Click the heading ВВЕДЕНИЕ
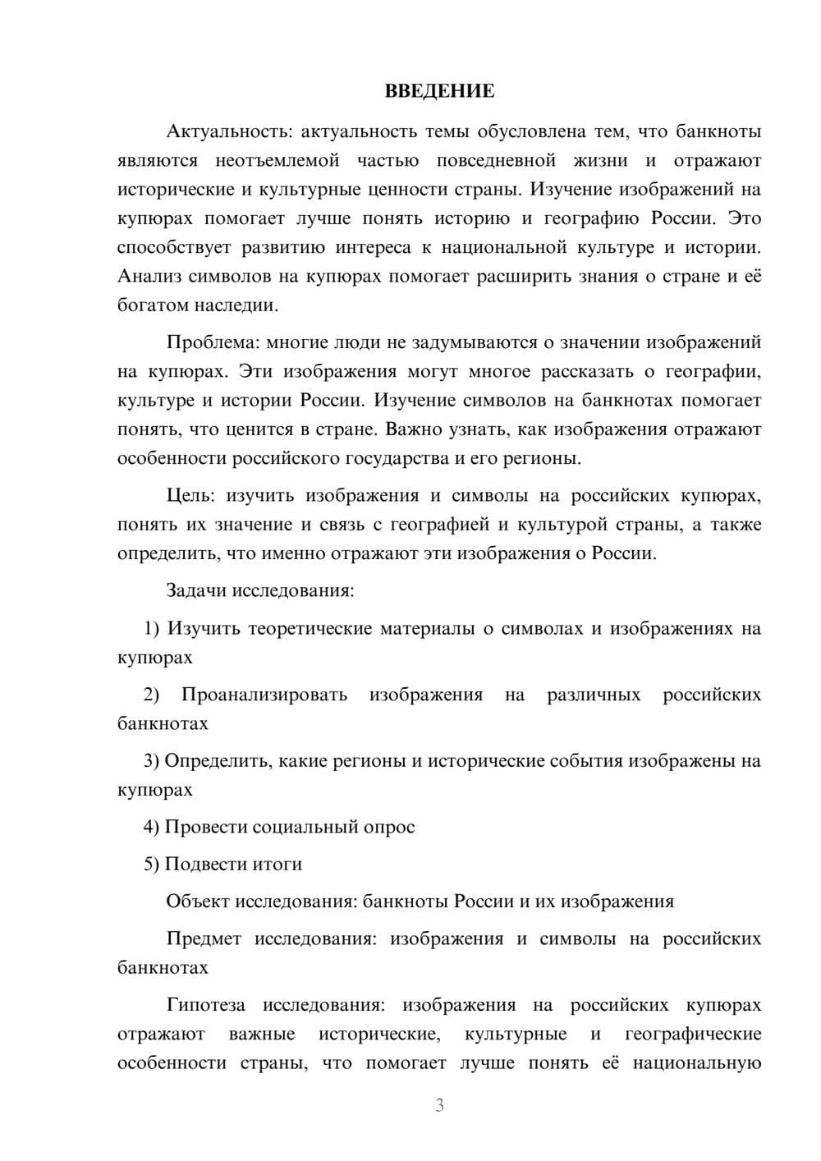click(439, 91)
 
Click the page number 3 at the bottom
click(439, 1106)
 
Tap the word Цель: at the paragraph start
click(190, 496)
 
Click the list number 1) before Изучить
click(151, 629)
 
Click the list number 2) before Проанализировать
click(152, 695)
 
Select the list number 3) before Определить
click(151, 761)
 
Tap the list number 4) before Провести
click(151, 827)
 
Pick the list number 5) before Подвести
click(151, 864)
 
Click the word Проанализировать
click(264, 695)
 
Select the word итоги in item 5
click(277, 864)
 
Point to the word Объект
click(198, 902)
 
